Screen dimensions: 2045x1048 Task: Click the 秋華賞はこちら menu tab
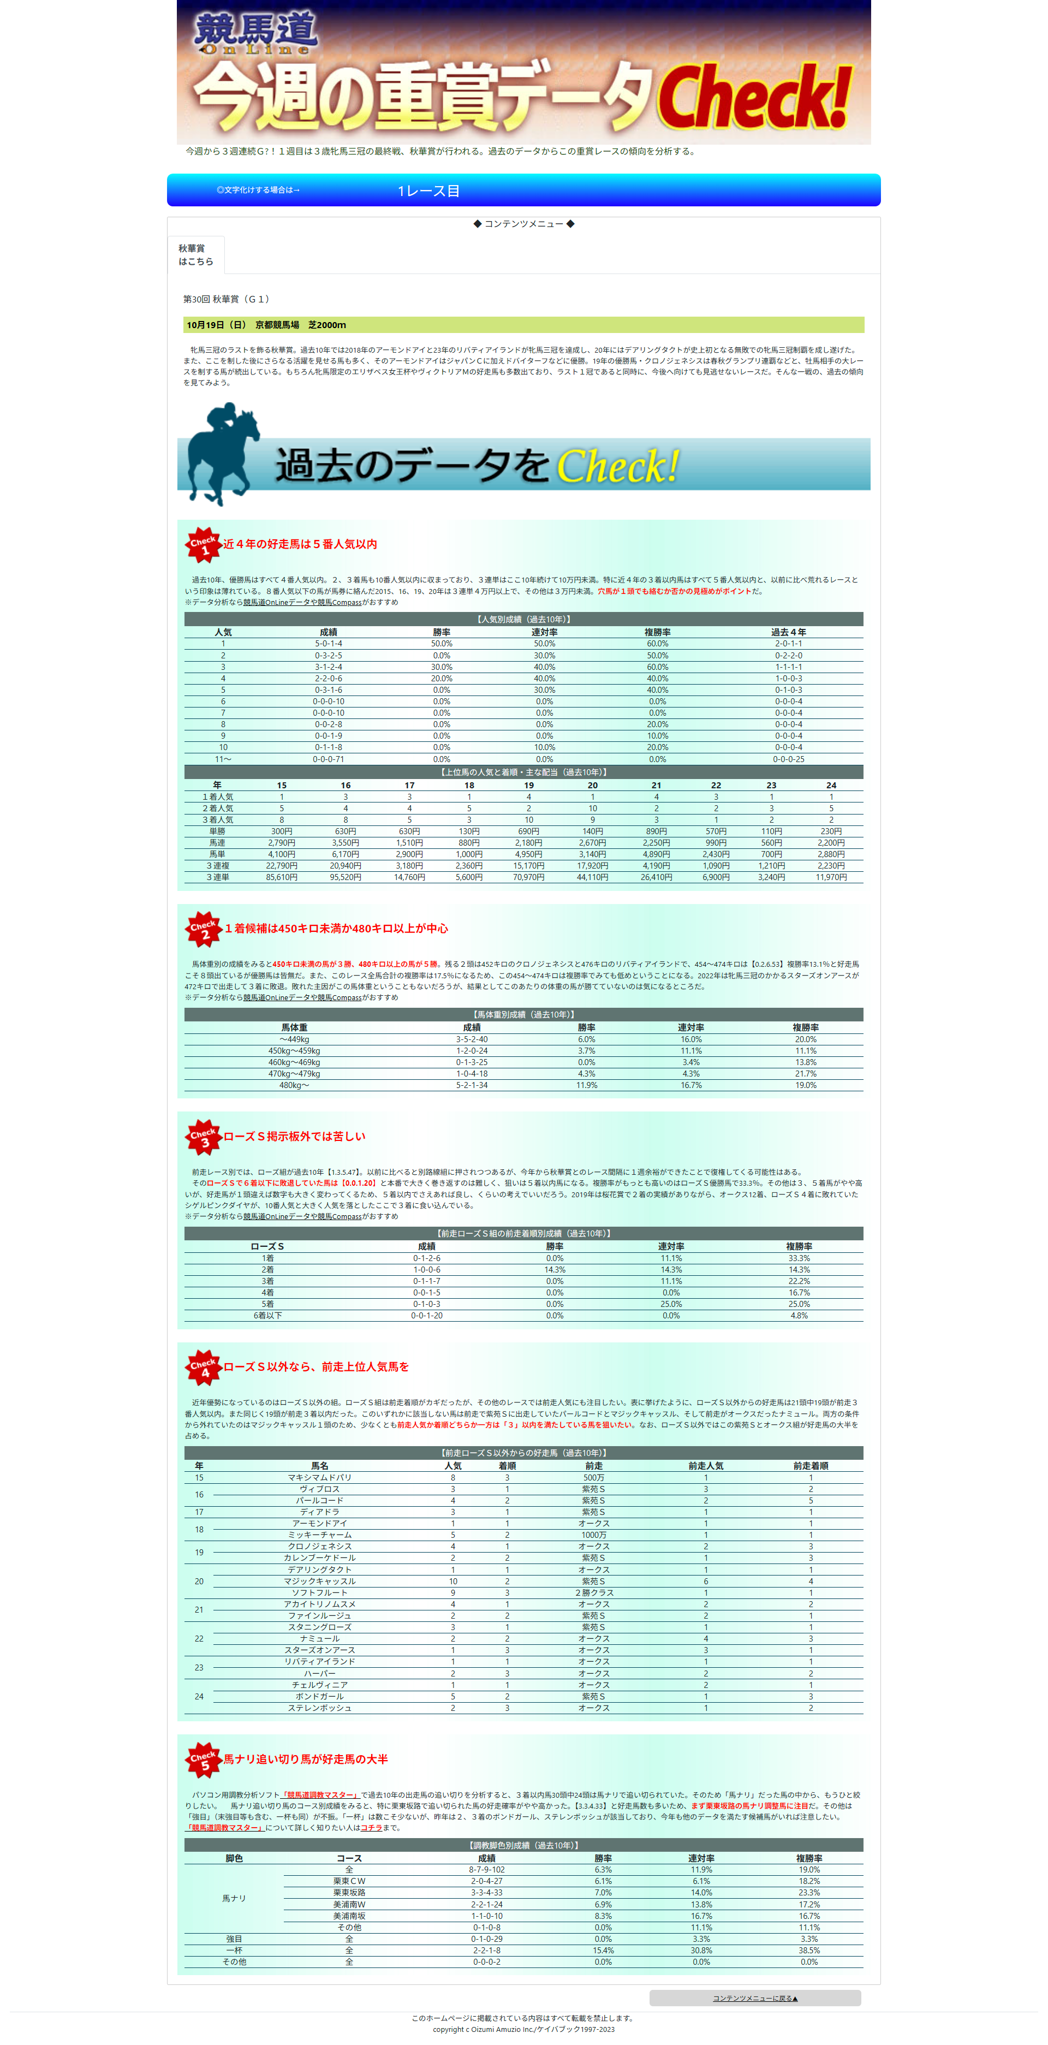pyautogui.click(x=195, y=255)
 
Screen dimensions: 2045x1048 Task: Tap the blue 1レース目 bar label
pyautogui.click(x=428, y=191)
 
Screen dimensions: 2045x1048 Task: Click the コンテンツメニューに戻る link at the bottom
pyautogui.click(x=754, y=1998)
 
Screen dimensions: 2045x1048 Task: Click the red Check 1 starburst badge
pyautogui.click(x=203, y=545)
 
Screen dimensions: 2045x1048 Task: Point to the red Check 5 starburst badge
pyautogui.click(x=203, y=1759)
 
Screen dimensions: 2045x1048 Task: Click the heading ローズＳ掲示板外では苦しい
pyautogui.click(x=295, y=1136)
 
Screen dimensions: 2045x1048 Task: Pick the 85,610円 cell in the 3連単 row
pyautogui.click(x=281, y=877)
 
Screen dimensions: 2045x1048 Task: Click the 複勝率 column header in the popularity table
pyautogui.click(x=657, y=632)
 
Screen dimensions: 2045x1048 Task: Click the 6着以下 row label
pyautogui.click(x=267, y=1316)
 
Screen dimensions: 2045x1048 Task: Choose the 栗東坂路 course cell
pyautogui.click(x=349, y=1893)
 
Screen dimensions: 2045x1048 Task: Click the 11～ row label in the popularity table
pyautogui.click(x=223, y=759)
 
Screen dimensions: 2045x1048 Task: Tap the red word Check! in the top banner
pyautogui.click(x=754, y=98)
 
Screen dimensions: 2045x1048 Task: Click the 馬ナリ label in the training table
pyautogui.click(x=234, y=1898)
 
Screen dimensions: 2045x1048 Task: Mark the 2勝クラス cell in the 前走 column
pyautogui.click(x=593, y=1592)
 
